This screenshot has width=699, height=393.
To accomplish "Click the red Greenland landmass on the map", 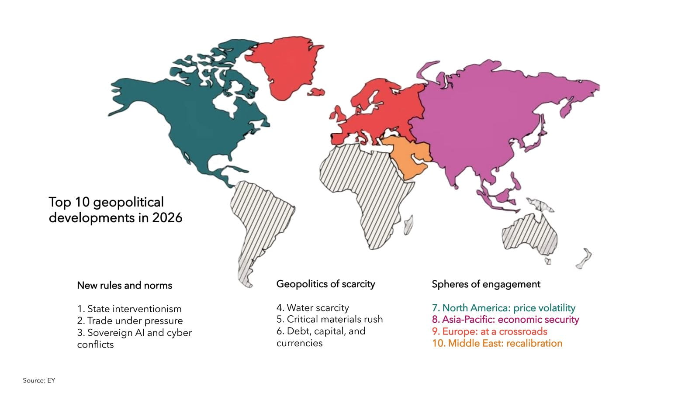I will (x=284, y=65).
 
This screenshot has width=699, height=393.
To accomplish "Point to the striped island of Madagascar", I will (x=408, y=225).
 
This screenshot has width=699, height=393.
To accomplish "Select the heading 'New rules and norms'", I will (x=125, y=286).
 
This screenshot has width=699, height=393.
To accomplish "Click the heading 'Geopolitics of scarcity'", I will (x=325, y=284).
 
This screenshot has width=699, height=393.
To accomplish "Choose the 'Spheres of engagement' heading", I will (x=486, y=284).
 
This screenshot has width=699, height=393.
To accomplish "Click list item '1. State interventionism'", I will (x=129, y=309).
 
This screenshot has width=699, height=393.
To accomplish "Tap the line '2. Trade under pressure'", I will (x=130, y=321).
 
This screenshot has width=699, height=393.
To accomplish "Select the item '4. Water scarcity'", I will (x=313, y=308).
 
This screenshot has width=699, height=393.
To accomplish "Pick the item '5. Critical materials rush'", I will (x=329, y=319).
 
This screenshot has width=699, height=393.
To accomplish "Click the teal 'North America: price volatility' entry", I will (x=504, y=308).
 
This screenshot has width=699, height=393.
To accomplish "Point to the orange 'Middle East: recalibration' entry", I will (x=497, y=343).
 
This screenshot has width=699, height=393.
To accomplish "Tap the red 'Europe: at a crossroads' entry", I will (x=490, y=331).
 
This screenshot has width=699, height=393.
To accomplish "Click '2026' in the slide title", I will (x=167, y=217).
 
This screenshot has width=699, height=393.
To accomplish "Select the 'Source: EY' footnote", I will (x=39, y=380).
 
